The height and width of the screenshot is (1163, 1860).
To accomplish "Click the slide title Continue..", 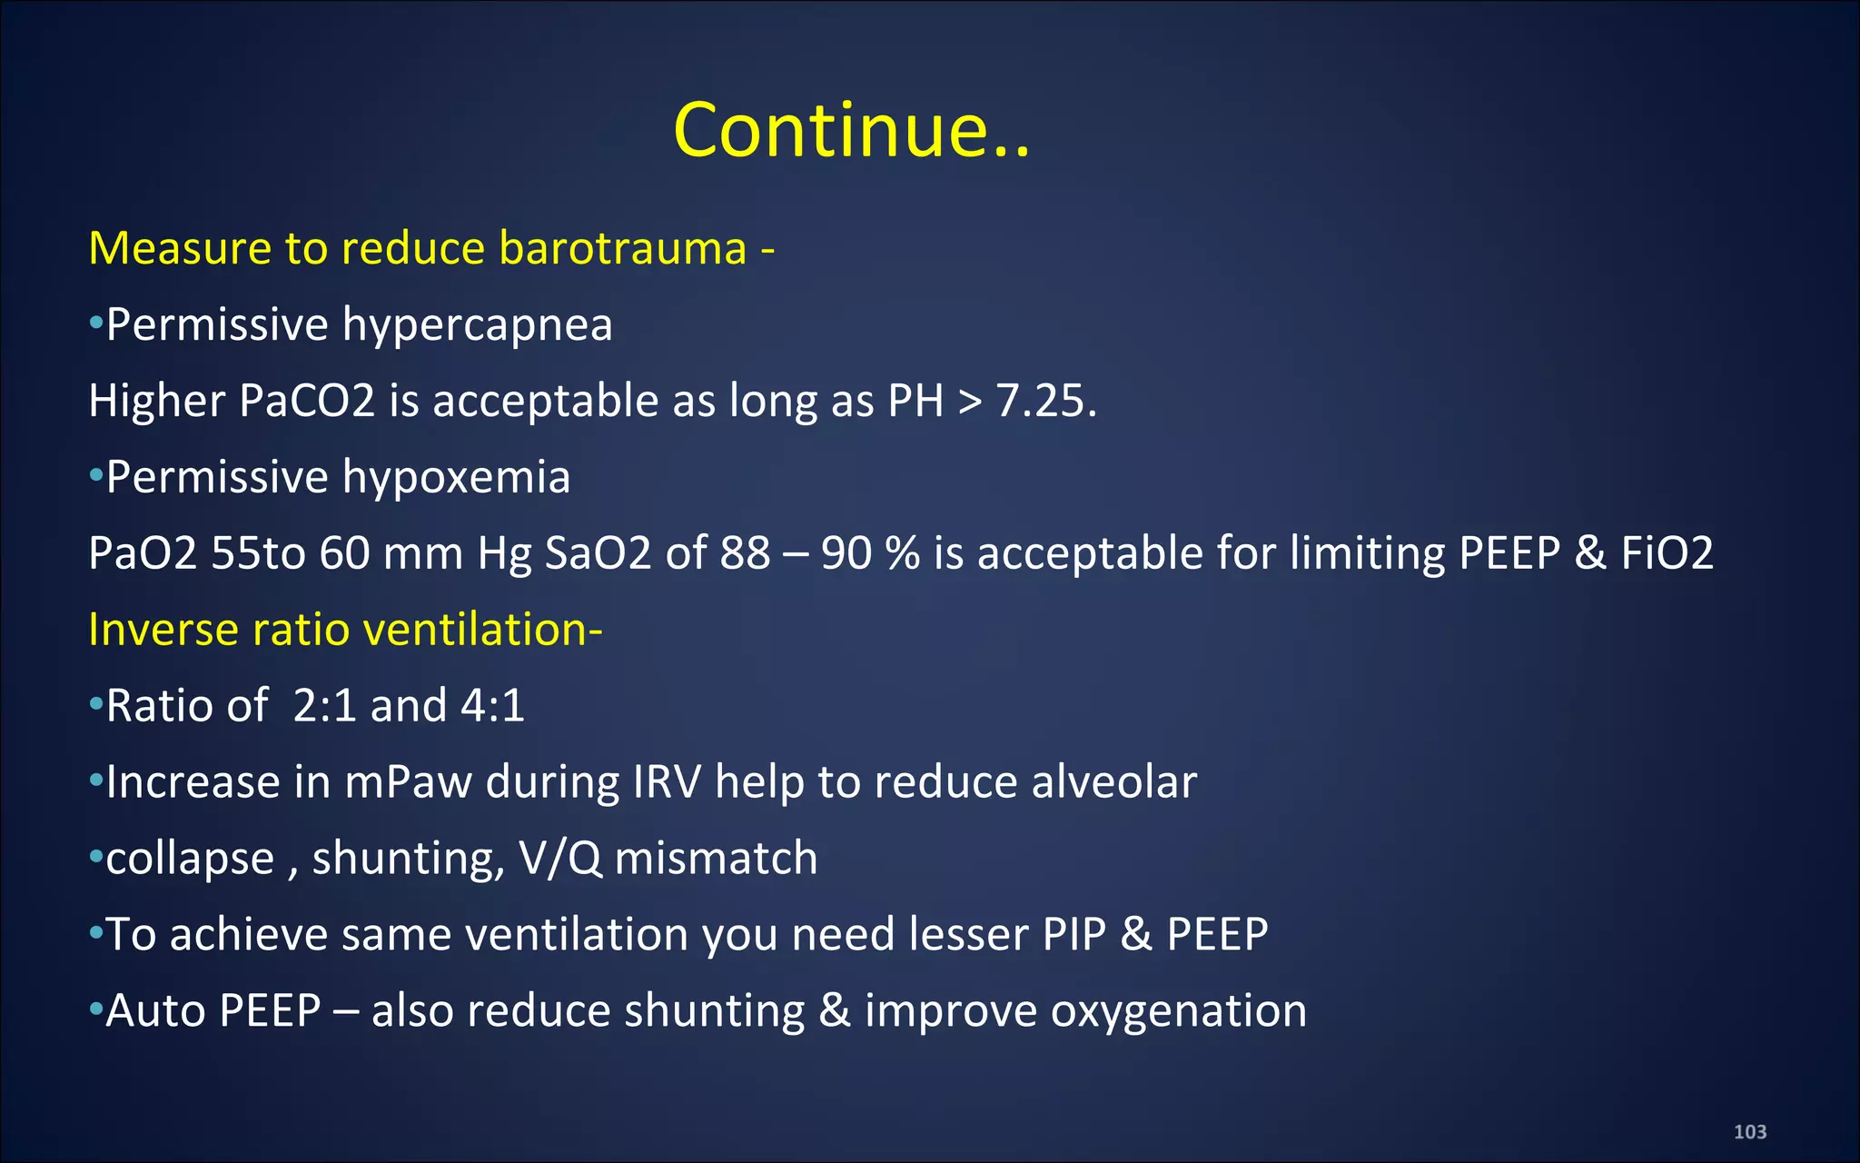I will tap(851, 130).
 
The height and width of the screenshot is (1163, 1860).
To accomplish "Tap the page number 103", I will tap(1749, 1131).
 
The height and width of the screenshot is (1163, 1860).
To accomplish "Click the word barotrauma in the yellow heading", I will tap(622, 248).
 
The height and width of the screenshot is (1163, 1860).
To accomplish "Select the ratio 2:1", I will tap(324, 705).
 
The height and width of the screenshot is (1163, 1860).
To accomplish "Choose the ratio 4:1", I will tap(492, 705).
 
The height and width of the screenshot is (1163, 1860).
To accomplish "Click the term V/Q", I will tap(559, 858).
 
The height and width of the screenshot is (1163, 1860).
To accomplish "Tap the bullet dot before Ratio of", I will tap(95, 705).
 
